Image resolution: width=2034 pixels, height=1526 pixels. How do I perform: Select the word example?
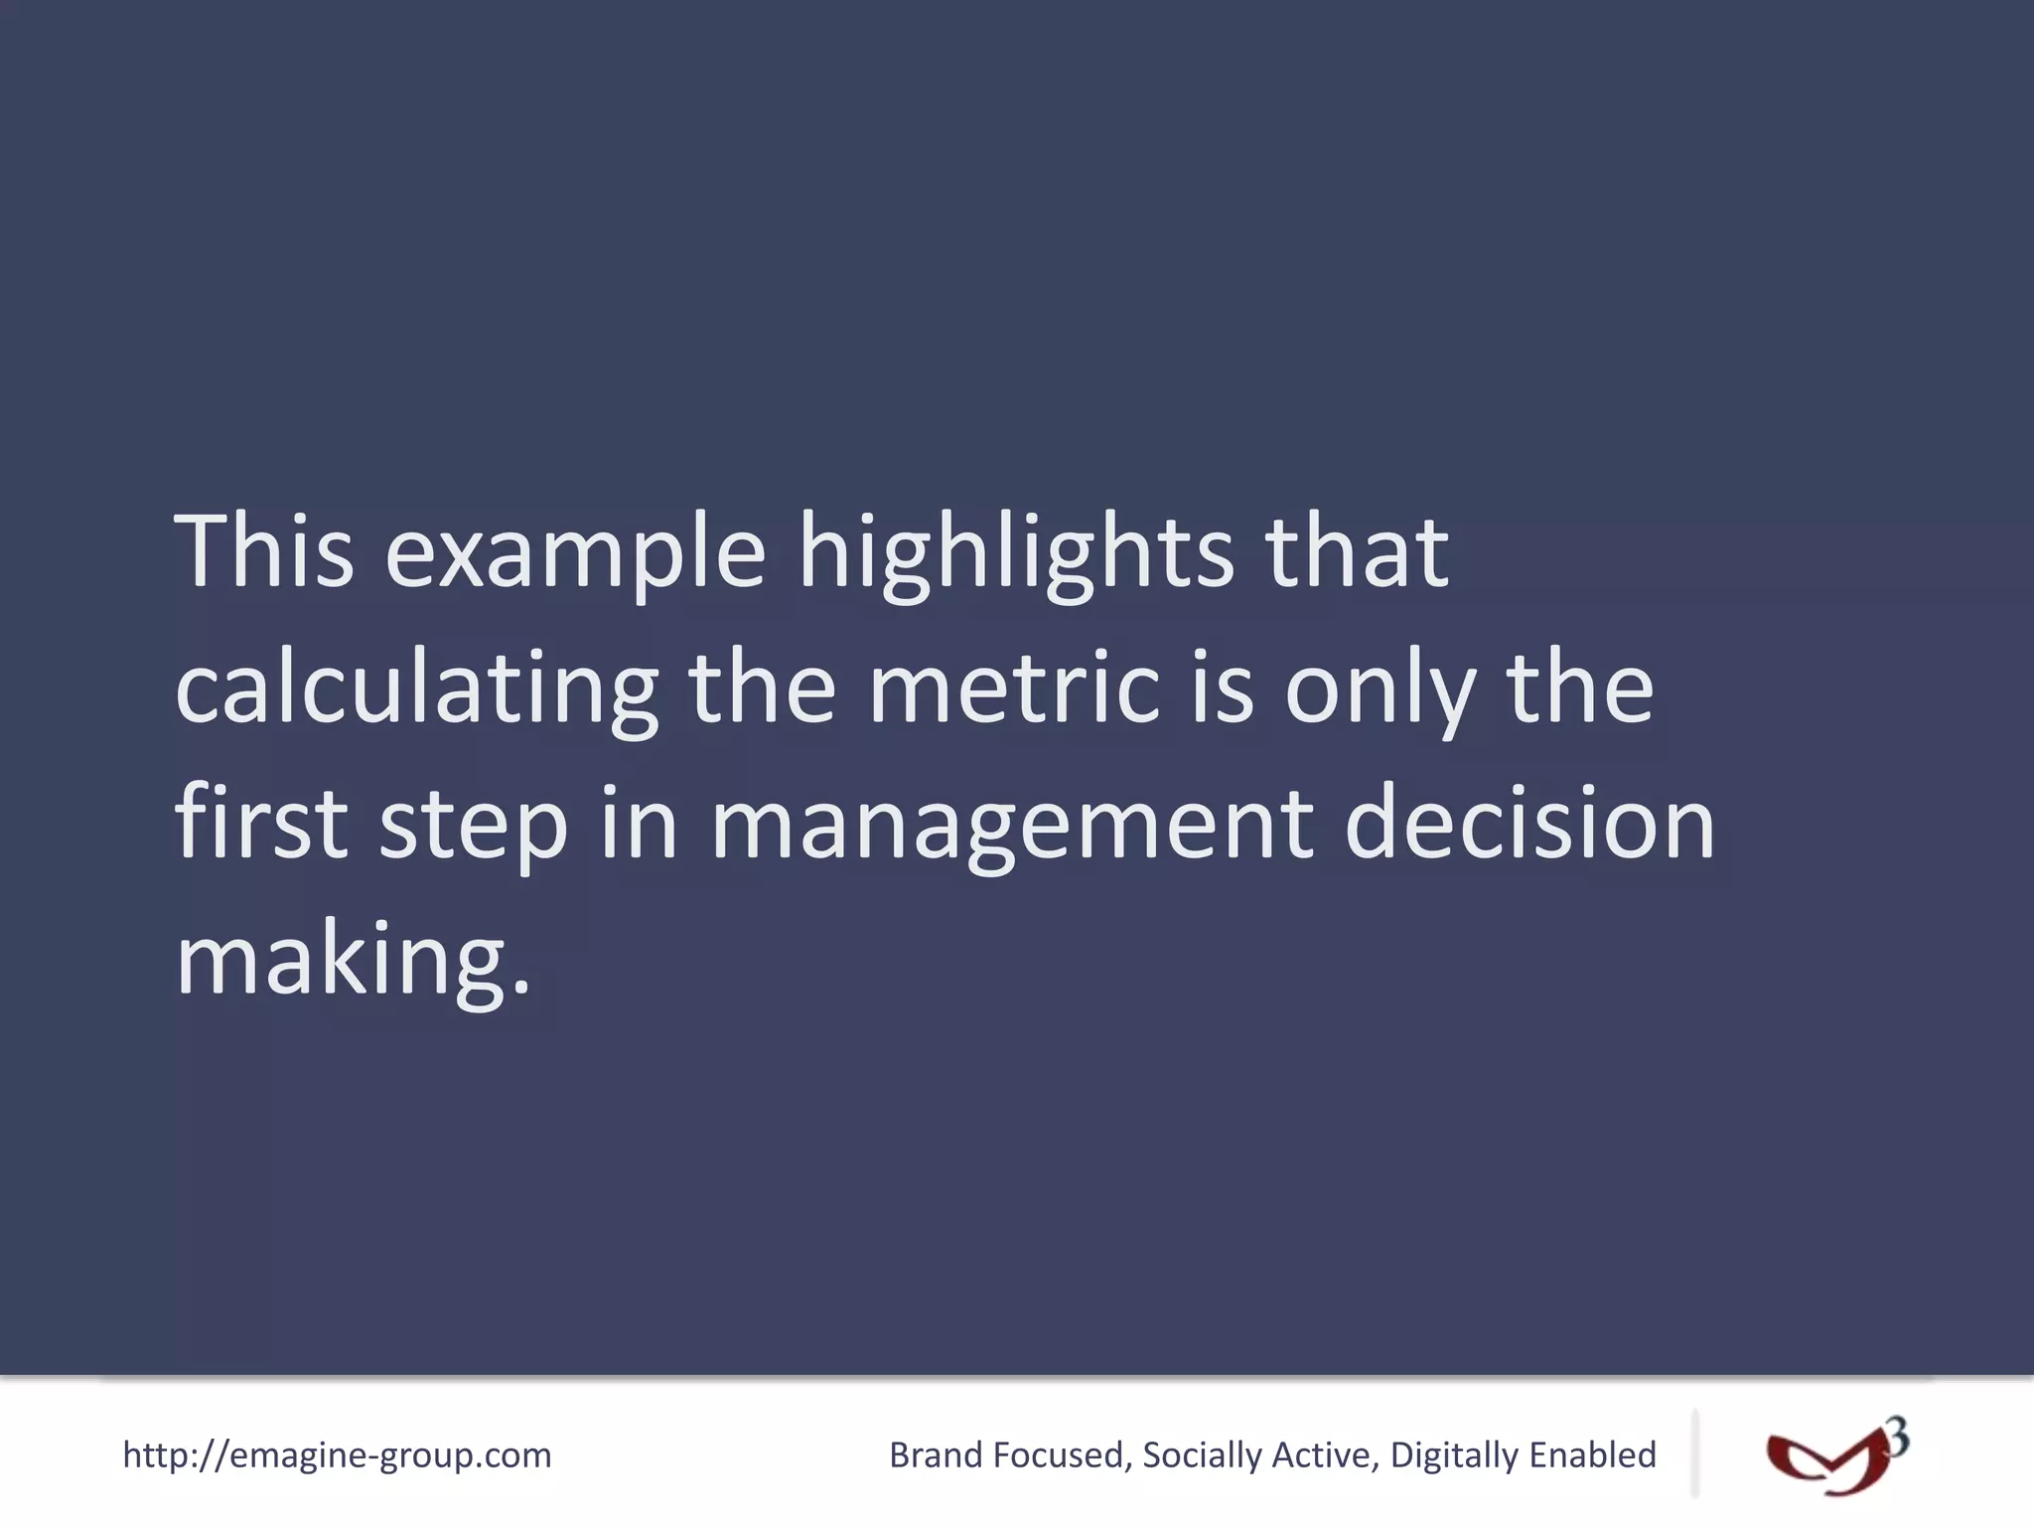(x=575, y=553)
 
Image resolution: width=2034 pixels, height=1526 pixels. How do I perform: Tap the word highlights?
(x=1016, y=553)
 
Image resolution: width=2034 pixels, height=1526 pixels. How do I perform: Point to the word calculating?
(x=416, y=689)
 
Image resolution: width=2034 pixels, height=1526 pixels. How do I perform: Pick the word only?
(x=1380, y=689)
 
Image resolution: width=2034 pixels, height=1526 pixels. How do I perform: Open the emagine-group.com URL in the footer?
(x=337, y=1454)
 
